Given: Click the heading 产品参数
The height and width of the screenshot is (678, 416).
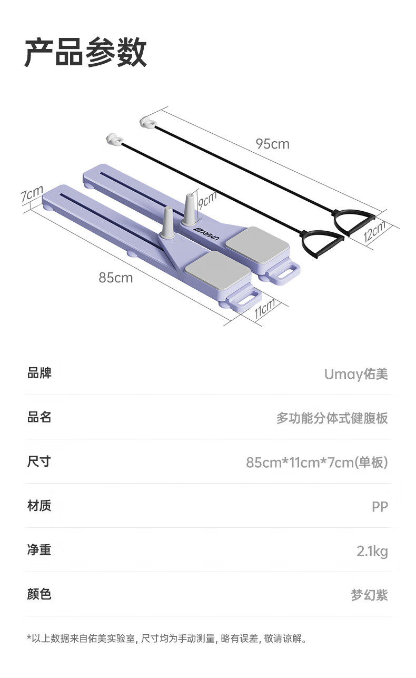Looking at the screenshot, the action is tap(86, 52).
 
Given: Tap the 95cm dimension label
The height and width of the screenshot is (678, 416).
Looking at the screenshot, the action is tap(273, 144).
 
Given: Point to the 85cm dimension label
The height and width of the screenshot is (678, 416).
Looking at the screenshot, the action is tap(116, 278).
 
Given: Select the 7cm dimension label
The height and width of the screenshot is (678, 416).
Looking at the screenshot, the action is tap(32, 193).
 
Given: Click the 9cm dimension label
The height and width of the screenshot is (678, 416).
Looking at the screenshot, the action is tap(207, 200).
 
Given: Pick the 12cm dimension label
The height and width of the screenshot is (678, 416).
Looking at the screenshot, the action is tap(375, 231).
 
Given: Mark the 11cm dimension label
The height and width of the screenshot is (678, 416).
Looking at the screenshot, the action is tap(264, 308).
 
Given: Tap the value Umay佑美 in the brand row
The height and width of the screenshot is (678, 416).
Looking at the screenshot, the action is tap(356, 374).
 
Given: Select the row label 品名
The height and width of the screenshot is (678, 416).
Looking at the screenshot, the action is tap(39, 417).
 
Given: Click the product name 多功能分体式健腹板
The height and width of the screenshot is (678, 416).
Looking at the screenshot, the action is tap(332, 418).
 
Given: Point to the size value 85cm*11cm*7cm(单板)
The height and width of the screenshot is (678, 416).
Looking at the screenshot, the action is tap(317, 462).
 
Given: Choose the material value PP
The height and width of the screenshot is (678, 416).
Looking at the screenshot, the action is tap(380, 506).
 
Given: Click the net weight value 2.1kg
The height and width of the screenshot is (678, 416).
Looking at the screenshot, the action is tap(372, 551).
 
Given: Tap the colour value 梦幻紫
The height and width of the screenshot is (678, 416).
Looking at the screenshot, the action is tap(370, 595).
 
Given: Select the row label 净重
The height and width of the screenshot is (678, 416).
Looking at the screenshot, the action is tap(39, 549).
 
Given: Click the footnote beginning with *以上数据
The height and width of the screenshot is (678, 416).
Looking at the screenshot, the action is tap(167, 638).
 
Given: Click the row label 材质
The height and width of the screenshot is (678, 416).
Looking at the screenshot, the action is tap(39, 506).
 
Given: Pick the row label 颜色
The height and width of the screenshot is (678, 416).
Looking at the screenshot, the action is tap(39, 594).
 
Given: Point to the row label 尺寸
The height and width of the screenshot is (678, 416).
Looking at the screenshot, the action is tap(39, 461).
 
